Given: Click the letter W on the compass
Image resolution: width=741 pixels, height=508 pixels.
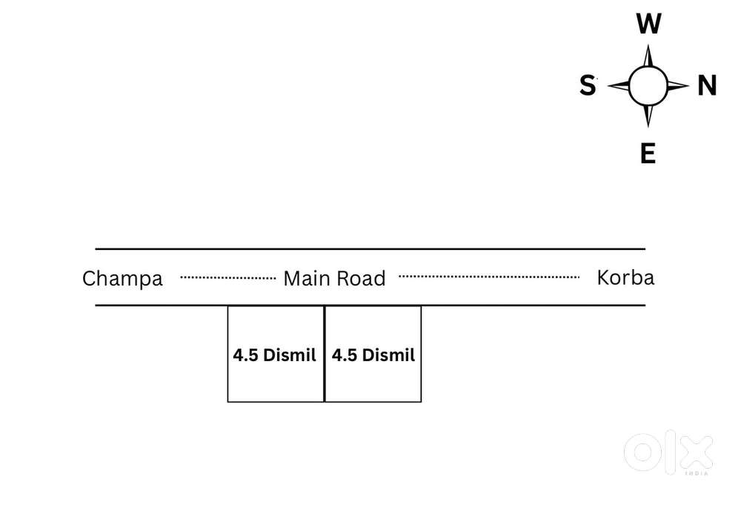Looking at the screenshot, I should point(648,25).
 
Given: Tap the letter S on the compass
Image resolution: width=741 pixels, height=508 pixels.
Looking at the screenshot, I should point(588,87).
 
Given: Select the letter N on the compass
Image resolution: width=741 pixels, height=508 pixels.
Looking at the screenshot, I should point(707,87).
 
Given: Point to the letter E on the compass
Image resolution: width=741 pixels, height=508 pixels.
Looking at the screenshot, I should point(648,154).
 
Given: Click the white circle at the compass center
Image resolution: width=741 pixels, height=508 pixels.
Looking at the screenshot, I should point(648,86).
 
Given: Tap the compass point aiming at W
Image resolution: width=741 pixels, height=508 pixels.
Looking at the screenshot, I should point(648,56).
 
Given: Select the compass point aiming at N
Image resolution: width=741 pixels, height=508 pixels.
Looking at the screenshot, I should point(679,86).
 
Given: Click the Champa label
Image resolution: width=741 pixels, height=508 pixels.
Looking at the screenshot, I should point(122,279).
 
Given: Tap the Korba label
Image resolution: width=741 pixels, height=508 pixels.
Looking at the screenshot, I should point(625,278).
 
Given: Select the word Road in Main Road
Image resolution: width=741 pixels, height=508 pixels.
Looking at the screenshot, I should point(362,279).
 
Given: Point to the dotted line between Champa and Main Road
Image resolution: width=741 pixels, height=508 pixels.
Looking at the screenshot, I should point(228,278).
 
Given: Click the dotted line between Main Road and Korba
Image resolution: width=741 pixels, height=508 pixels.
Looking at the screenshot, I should point(489,277).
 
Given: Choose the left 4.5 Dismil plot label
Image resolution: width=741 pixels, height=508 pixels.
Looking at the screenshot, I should point(274,355).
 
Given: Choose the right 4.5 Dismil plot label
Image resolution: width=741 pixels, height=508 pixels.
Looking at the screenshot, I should point(373,355).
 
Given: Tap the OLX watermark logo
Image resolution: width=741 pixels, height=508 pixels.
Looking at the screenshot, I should point(668,452).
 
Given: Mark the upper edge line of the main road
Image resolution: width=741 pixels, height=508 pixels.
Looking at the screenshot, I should point(370,249).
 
